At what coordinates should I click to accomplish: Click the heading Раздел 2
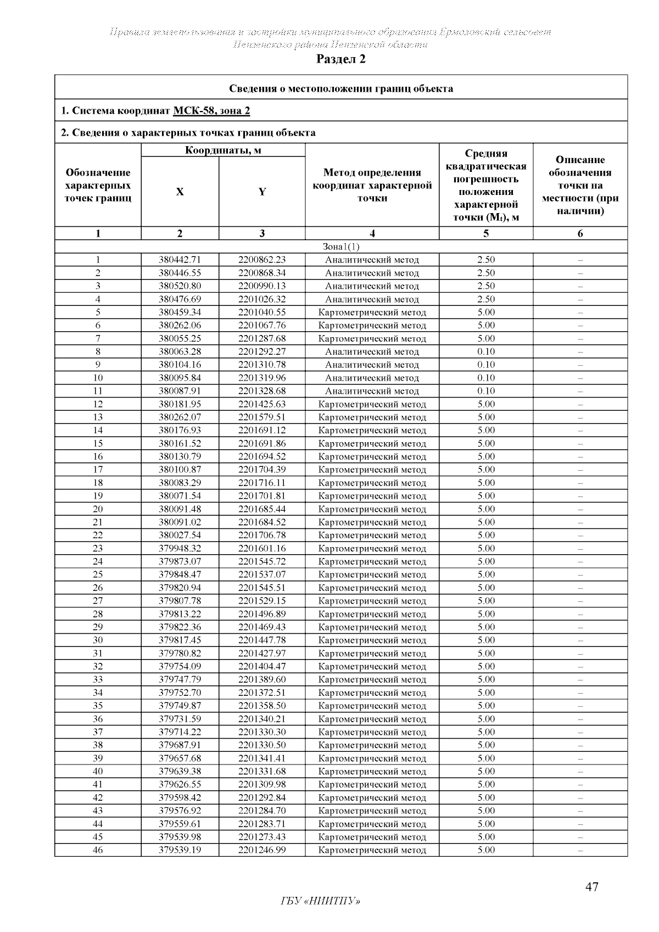(340, 59)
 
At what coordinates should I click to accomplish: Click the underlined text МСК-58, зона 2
(211, 111)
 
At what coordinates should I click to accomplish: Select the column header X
(180, 192)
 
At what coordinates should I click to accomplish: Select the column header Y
(262, 192)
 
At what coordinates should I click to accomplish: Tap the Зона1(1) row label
(340, 247)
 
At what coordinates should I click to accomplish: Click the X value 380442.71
(180, 260)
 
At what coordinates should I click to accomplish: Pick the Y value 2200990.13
(262, 286)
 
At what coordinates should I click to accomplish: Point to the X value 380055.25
(180, 338)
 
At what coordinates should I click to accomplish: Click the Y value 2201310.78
(262, 365)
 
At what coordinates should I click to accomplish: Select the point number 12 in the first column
(98, 404)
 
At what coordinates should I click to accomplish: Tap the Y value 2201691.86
(262, 443)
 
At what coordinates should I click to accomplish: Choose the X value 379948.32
(180, 548)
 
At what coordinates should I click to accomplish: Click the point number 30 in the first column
(98, 640)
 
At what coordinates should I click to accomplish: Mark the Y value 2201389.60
(262, 679)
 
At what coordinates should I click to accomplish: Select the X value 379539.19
(180, 850)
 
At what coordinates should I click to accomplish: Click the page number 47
(591, 886)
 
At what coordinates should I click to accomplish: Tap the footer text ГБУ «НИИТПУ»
(321, 901)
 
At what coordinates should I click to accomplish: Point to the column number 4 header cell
(372, 233)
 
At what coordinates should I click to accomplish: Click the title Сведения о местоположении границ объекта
(340, 88)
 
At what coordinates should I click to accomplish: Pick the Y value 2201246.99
(262, 850)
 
